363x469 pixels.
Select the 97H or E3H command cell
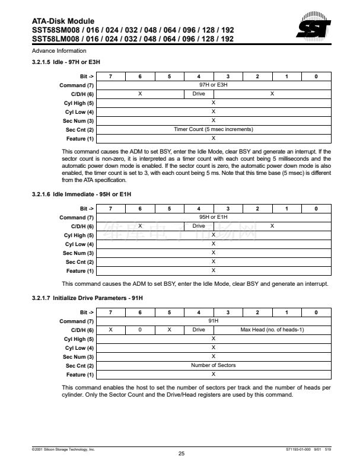pos(214,85)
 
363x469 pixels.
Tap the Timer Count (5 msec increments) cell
pos(214,129)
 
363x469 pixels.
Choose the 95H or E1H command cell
pos(214,218)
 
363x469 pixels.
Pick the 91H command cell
pos(214,321)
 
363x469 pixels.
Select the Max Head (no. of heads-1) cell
pos(272,330)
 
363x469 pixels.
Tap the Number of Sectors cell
pos(214,365)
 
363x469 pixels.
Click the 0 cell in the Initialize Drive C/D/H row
pos(140,330)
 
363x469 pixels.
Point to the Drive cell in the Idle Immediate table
pos(199,226)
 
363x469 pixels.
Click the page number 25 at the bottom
pos(181,454)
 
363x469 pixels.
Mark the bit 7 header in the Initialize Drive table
pos(111,312)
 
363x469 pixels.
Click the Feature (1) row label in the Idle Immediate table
pos(79,271)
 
